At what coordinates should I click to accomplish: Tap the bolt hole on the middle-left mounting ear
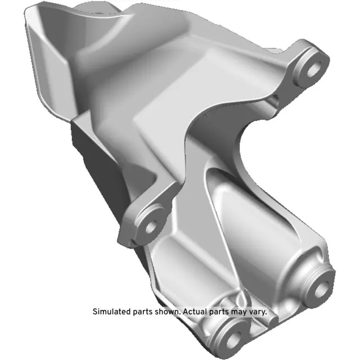[151, 226]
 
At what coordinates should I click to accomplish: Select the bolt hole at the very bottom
[231, 339]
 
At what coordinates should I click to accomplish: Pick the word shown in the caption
[168, 311]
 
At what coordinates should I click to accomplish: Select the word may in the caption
[242, 311]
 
